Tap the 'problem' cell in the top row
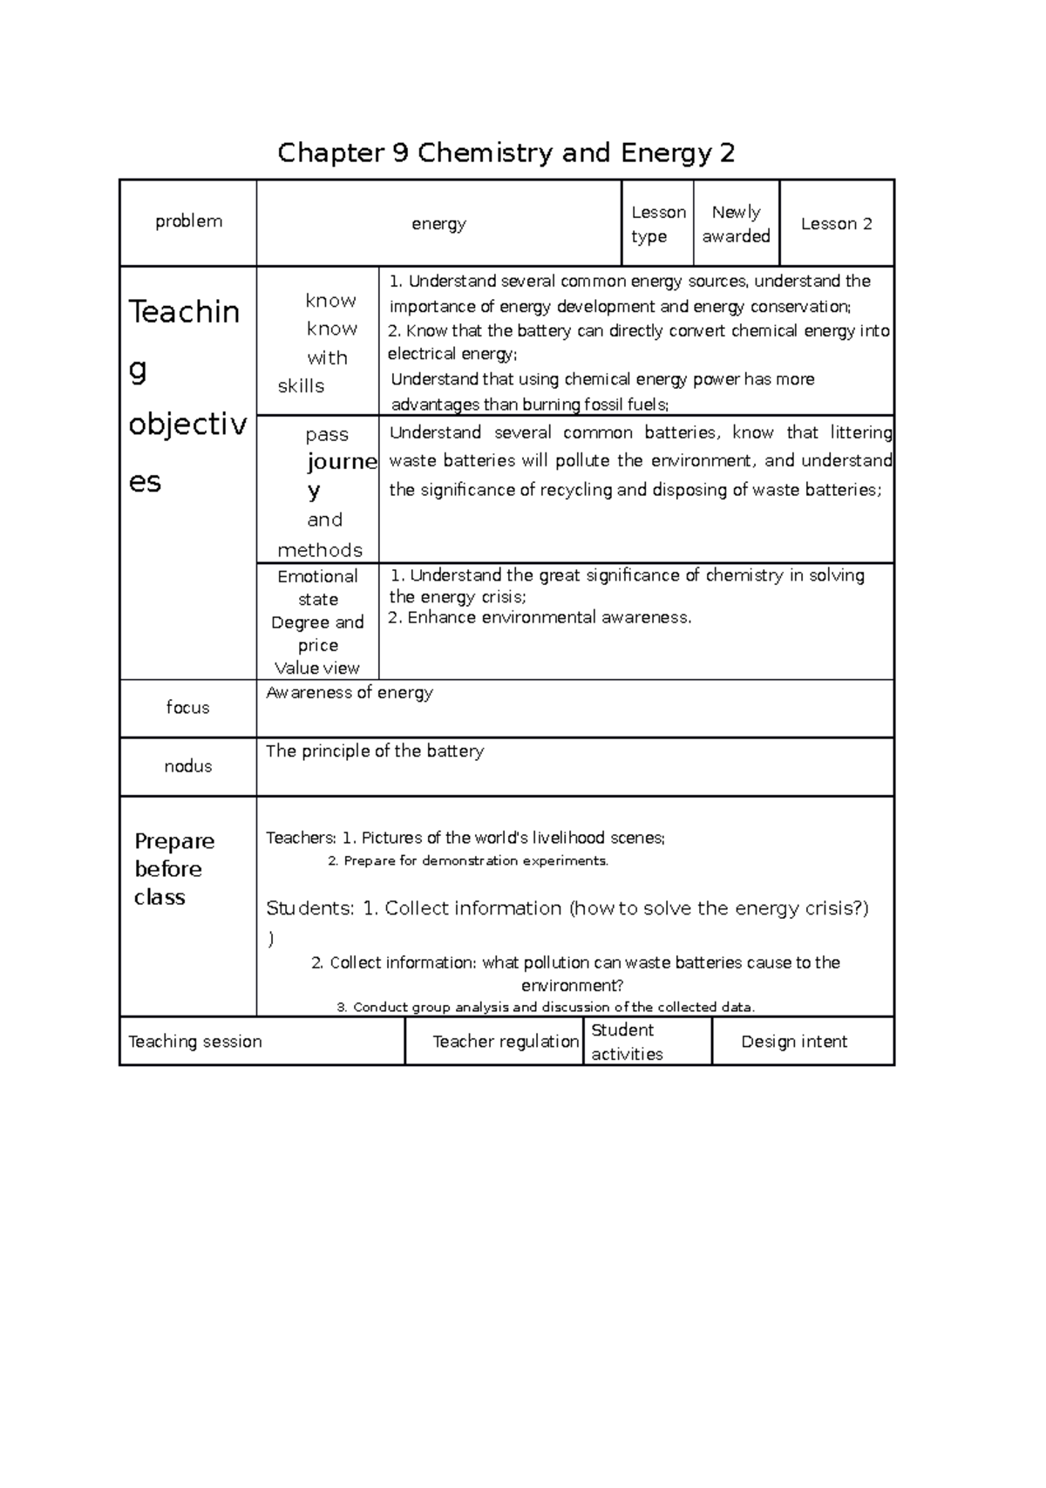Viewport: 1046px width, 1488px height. (x=188, y=221)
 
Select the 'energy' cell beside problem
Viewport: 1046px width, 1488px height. (x=438, y=224)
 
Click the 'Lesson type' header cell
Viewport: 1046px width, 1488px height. (x=658, y=224)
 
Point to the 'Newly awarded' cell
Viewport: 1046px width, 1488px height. (x=737, y=224)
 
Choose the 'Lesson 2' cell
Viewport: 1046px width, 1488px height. (x=837, y=224)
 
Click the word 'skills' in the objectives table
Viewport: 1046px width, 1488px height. (x=301, y=386)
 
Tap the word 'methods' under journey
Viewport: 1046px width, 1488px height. (x=320, y=550)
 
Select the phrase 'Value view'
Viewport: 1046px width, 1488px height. (x=317, y=669)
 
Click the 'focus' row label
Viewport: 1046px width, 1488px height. (x=188, y=708)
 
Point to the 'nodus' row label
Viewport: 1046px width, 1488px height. (x=188, y=766)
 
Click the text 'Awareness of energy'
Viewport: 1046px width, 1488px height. (x=350, y=693)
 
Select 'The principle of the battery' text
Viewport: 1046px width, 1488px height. (x=375, y=751)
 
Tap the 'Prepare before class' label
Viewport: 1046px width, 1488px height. (x=173, y=869)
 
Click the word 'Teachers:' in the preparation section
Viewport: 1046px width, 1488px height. (x=301, y=839)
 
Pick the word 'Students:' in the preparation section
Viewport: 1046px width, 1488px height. (x=310, y=908)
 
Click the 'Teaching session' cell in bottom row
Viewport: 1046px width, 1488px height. (x=195, y=1042)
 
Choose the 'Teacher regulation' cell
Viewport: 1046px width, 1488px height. (x=506, y=1042)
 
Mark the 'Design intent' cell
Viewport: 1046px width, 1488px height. (x=794, y=1042)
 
